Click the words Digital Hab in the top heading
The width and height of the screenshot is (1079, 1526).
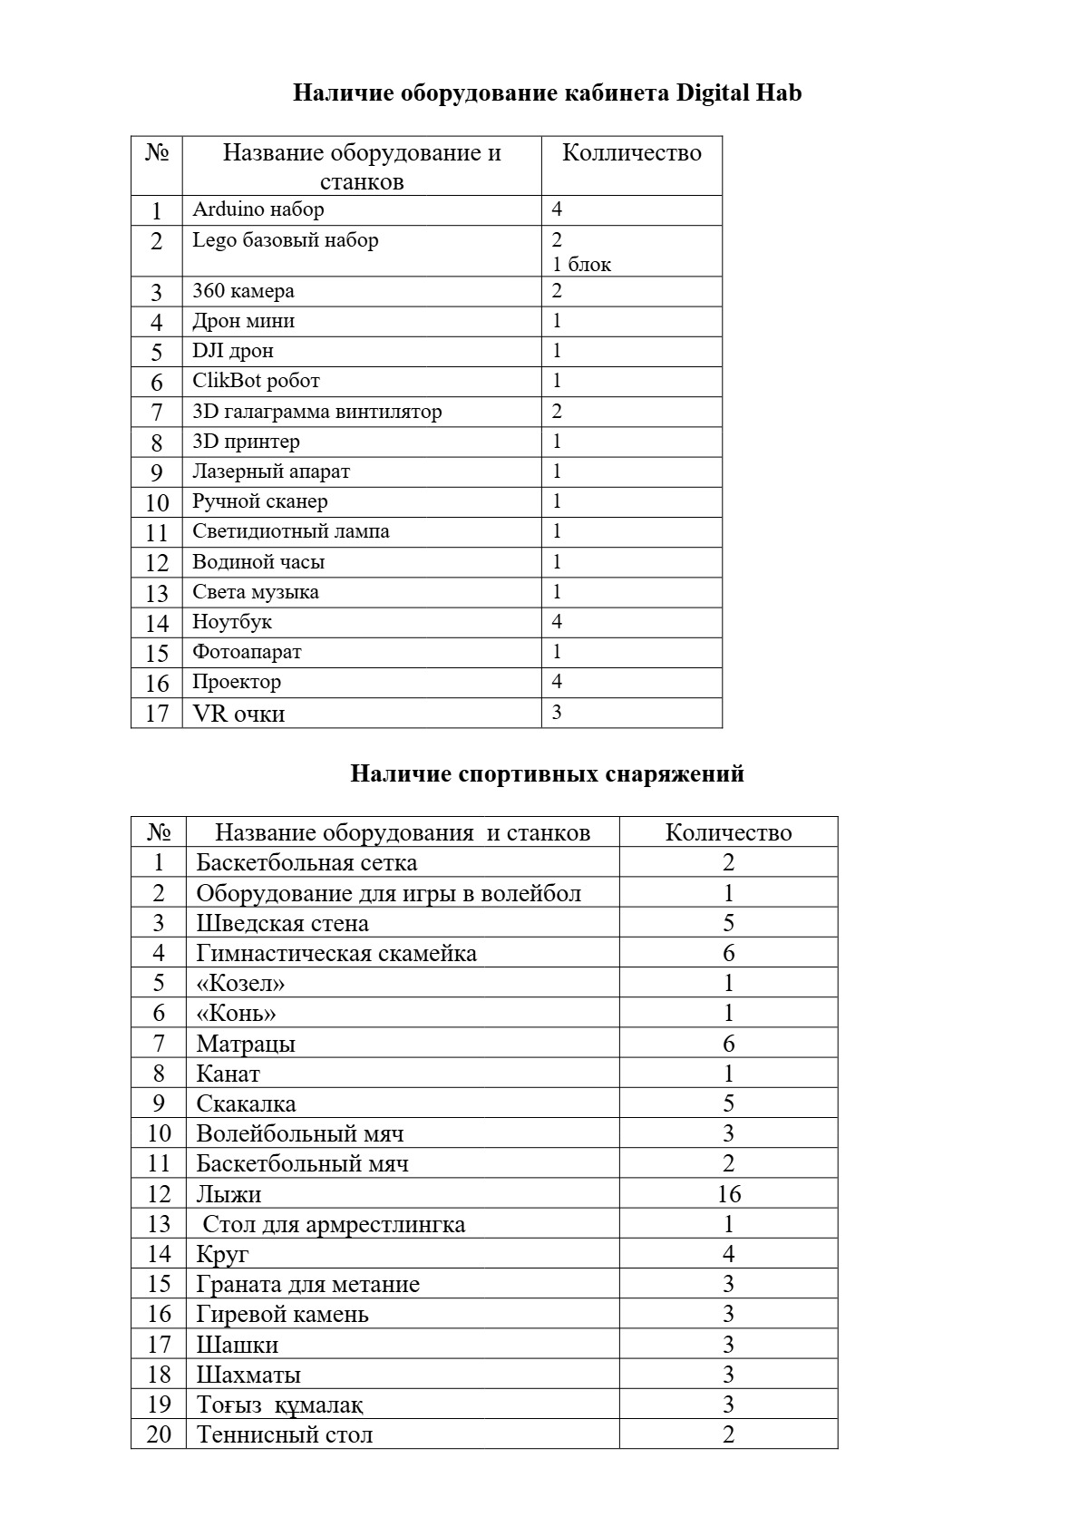[739, 93]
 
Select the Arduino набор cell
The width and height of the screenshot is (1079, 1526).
[258, 209]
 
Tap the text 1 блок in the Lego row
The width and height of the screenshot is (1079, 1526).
[582, 265]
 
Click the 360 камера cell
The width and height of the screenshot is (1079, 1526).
[243, 291]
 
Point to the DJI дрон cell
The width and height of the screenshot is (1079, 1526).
[233, 351]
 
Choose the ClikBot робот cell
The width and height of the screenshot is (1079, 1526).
[256, 381]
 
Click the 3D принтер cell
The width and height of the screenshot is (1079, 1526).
[246, 442]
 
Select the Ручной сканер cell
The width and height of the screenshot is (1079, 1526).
[260, 501]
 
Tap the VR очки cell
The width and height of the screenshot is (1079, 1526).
[238, 714]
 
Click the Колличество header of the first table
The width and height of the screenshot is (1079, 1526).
[632, 152]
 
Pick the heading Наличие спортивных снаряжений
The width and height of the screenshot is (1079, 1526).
[547, 773]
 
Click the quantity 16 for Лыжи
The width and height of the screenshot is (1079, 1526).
[728, 1194]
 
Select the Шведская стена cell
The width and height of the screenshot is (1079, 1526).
[282, 923]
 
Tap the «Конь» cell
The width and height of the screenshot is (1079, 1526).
[236, 1013]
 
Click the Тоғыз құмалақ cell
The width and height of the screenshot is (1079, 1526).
[280, 1405]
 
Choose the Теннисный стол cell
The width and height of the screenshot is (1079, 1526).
[285, 1434]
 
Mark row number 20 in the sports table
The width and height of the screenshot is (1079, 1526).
[159, 1434]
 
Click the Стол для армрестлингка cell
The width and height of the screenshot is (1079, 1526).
[334, 1224]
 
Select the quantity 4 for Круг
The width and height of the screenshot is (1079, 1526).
[728, 1254]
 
